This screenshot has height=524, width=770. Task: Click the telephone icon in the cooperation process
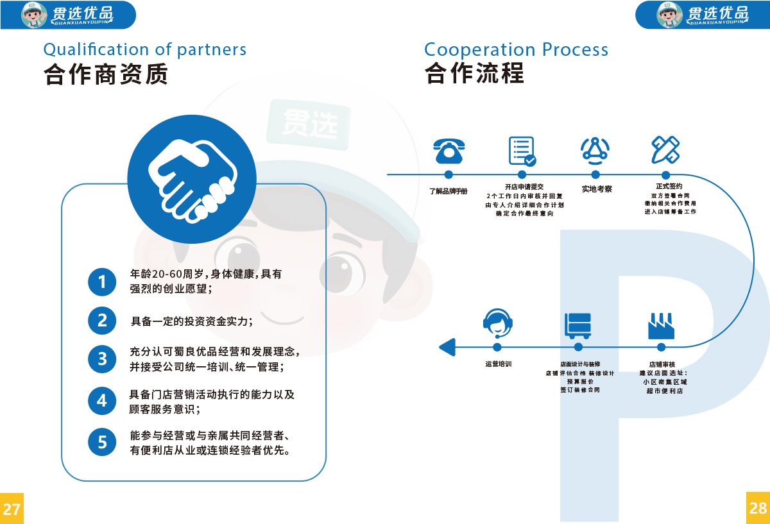pyautogui.click(x=449, y=151)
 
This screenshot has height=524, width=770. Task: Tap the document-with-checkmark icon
pyautogui.click(x=522, y=151)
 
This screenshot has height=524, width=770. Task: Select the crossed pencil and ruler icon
pyautogui.click(x=665, y=150)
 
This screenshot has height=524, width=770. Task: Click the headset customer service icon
pyautogui.click(x=497, y=323)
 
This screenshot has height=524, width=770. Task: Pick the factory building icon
pyautogui.click(x=661, y=326)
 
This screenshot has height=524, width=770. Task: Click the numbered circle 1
pyautogui.click(x=101, y=282)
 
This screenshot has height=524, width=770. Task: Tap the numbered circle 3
pyautogui.click(x=101, y=359)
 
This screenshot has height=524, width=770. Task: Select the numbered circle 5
pyautogui.click(x=101, y=442)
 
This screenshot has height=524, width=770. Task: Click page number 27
pyautogui.click(x=12, y=509)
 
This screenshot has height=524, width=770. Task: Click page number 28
pyautogui.click(x=758, y=508)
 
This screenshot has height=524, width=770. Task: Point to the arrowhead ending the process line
pyautogui.click(x=446, y=347)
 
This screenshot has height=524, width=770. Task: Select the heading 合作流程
pyautogui.click(x=474, y=74)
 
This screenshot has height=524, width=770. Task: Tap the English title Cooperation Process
pyautogui.click(x=516, y=49)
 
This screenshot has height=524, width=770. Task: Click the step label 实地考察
pyautogui.click(x=596, y=189)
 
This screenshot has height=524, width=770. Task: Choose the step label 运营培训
pyautogui.click(x=498, y=364)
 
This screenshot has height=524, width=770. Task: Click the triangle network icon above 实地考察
pyautogui.click(x=595, y=150)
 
